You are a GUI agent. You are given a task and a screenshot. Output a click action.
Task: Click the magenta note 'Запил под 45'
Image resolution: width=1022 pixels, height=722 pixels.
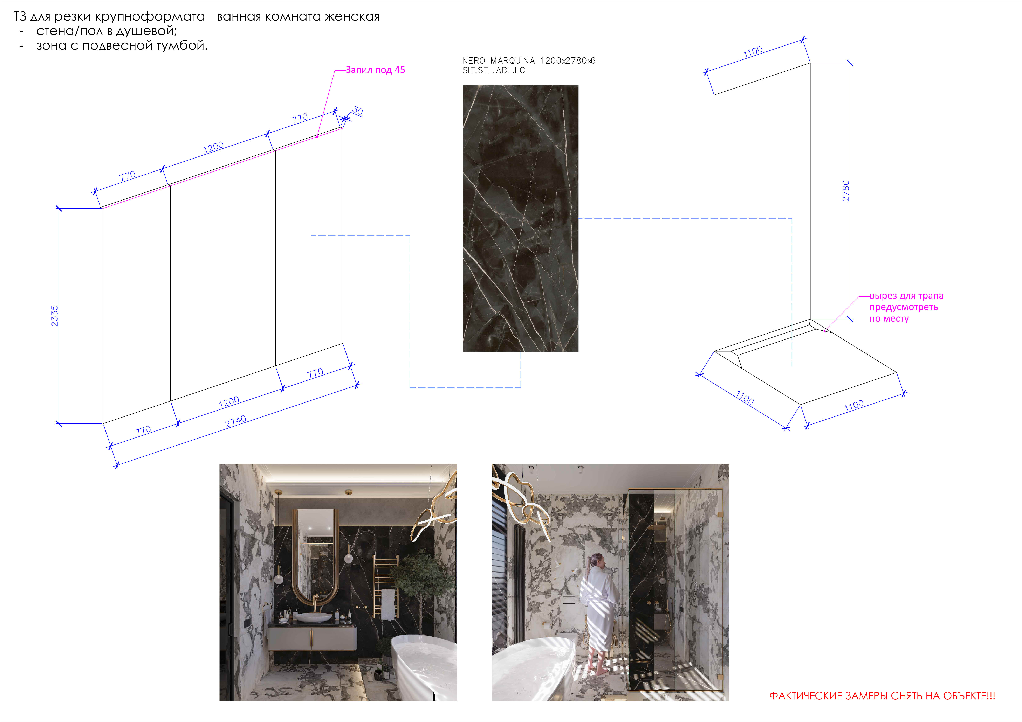pyautogui.click(x=375, y=70)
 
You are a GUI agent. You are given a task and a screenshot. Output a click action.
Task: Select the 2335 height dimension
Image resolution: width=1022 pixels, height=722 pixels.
pyautogui.click(x=54, y=316)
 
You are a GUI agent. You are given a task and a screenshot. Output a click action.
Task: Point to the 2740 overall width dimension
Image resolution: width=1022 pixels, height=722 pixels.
pyautogui.click(x=235, y=421)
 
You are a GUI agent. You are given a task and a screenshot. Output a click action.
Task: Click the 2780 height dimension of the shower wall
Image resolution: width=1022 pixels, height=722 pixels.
pyautogui.click(x=846, y=191)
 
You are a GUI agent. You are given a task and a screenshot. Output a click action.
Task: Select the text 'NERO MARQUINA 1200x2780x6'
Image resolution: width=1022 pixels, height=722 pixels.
pyautogui.click(x=528, y=61)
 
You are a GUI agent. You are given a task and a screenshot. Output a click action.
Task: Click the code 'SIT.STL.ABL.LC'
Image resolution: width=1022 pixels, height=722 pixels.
pyautogui.click(x=494, y=70)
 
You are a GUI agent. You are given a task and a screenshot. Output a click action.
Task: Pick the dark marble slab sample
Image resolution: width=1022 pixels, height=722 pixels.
pyautogui.click(x=521, y=218)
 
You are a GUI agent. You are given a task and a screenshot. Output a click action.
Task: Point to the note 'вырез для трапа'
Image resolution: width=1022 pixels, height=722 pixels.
pyautogui.click(x=906, y=296)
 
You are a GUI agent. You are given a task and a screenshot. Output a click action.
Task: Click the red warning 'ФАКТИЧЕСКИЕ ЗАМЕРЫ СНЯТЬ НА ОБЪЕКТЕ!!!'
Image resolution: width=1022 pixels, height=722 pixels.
pyautogui.click(x=882, y=696)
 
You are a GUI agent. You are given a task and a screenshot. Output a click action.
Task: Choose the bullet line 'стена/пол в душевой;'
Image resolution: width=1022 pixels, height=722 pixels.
pyautogui.click(x=107, y=31)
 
